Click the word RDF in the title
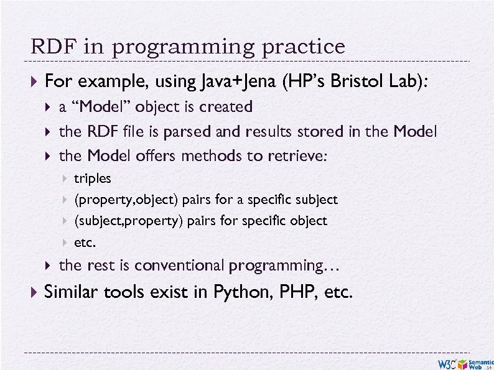pos(47,47)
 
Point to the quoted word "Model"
pos(103,107)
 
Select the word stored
pos(318,132)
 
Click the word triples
pos(93,178)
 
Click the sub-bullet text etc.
pos(85,242)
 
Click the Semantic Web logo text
pos(480,364)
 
